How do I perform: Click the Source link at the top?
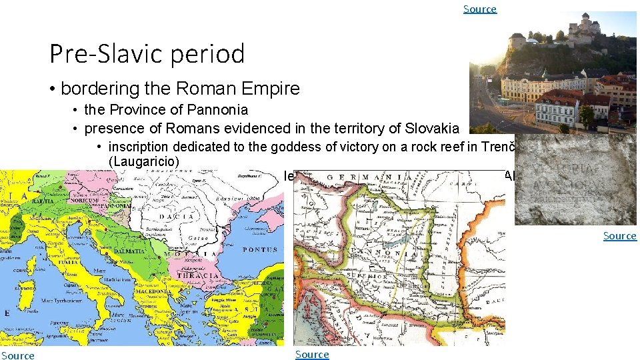pos(480,9)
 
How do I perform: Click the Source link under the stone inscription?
pos(619,236)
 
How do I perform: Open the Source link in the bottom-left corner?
pos(18,355)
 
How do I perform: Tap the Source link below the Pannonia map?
pos(312,354)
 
